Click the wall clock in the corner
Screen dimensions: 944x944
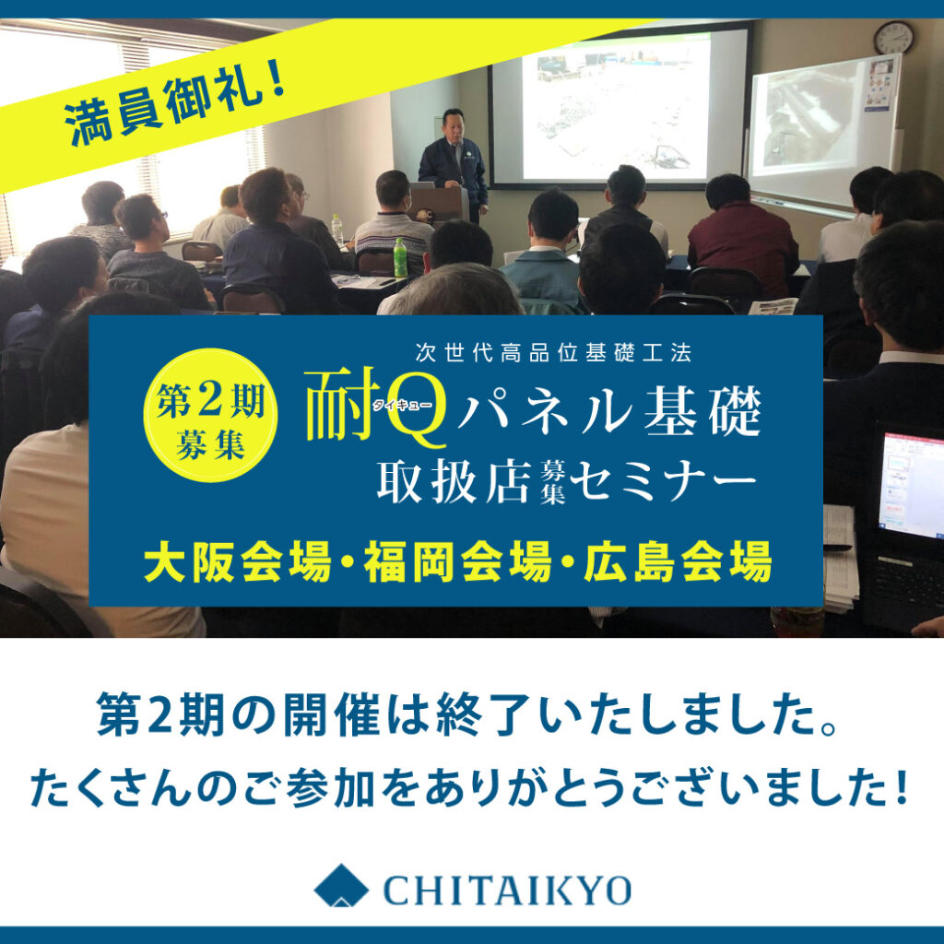(893, 37)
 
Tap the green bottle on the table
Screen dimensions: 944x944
(400, 258)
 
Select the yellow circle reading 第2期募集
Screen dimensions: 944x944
(210, 415)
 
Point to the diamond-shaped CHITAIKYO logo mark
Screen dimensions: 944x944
(341, 885)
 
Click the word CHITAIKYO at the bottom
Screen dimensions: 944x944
(507, 890)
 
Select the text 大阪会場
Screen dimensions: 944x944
(238, 562)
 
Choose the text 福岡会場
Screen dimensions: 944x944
(457, 562)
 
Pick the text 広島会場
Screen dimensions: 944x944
(678, 562)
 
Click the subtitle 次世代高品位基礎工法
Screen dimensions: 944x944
(553, 353)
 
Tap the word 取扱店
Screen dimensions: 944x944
(454, 481)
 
